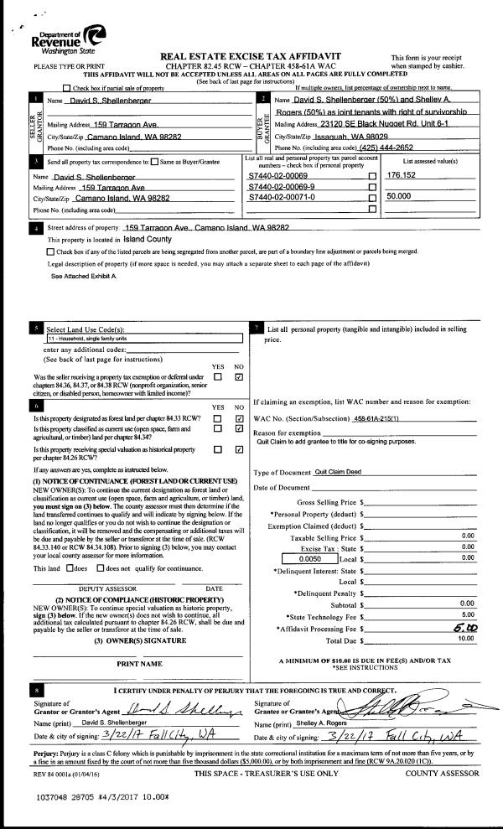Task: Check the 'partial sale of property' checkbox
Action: [67, 88]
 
